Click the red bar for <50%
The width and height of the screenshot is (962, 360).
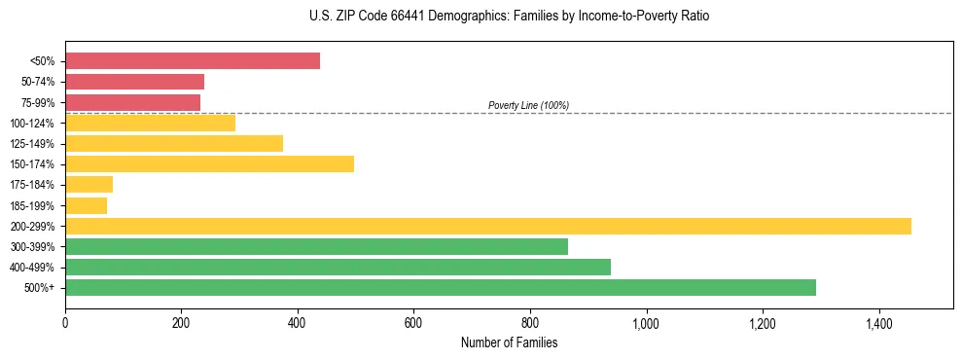(x=193, y=60)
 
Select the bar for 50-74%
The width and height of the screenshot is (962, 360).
(x=134, y=82)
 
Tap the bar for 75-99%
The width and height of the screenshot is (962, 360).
(x=132, y=102)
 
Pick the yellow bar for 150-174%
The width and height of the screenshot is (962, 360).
(x=209, y=163)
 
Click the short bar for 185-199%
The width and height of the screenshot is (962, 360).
(x=86, y=205)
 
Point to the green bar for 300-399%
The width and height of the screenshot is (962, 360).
(x=316, y=246)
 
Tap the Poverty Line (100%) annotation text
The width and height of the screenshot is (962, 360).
(x=528, y=105)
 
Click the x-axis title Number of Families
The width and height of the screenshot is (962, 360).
(x=509, y=342)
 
